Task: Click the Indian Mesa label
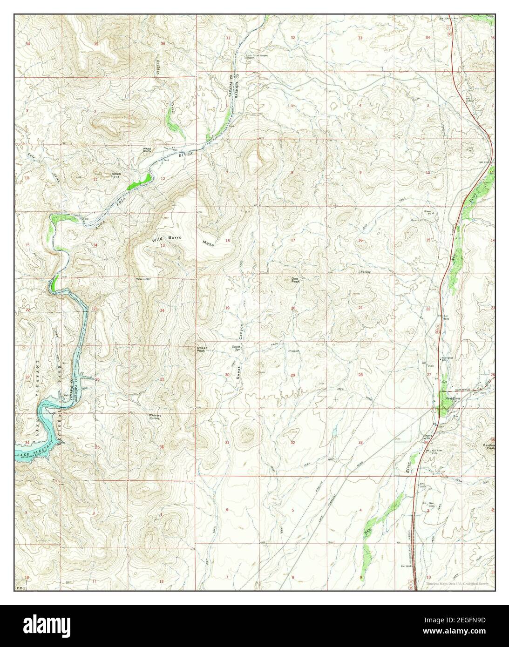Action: pos(115,175)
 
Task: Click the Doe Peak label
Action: pos(295,281)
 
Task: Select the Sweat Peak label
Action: pos(202,349)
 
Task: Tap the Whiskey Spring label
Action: pos(154,417)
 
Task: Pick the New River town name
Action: pos(452,398)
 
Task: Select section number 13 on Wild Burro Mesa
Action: pos(163,245)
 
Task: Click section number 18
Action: pos(228,241)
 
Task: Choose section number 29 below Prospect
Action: pos(293,375)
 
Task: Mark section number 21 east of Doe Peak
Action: pos(360,308)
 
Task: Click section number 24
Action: pos(162,310)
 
